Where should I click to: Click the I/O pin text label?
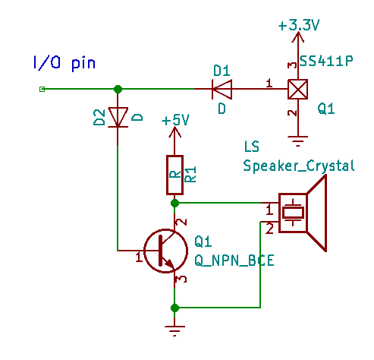[x=64, y=63]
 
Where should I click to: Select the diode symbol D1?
[x=222, y=89]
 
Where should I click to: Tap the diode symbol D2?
[x=118, y=117]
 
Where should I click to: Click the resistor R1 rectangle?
[x=174, y=175]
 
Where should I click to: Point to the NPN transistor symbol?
[x=165, y=251]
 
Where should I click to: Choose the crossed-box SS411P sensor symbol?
[x=298, y=89]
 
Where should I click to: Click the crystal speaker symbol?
[x=303, y=213]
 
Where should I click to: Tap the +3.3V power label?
[x=299, y=25]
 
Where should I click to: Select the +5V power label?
[x=175, y=120]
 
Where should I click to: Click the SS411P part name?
[x=326, y=61]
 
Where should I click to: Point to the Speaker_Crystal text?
[x=298, y=166]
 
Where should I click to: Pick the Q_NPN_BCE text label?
[x=234, y=261]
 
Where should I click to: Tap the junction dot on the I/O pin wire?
[x=118, y=89]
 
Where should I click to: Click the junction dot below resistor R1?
[x=174, y=203]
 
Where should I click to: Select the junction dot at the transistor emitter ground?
[x=174, y=308]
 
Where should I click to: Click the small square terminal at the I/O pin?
[x=42, y=89]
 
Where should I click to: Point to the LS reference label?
[x=252, y=147]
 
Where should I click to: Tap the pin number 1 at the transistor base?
[x=139, y=257]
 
